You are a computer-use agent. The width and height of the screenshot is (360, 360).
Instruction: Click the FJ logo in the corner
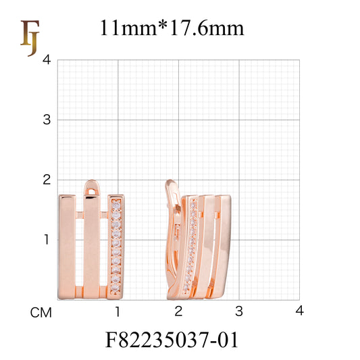tap(29, 37)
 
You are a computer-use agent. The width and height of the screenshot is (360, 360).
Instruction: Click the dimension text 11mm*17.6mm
tap(172, 28)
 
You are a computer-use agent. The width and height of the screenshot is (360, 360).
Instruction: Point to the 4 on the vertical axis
tap(47, 60)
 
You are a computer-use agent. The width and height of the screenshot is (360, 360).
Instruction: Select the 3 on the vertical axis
tap(47, 120)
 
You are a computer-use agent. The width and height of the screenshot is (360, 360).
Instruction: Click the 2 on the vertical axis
tap(47, 180)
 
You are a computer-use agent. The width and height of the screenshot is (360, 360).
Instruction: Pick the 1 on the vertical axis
tap(47, 239)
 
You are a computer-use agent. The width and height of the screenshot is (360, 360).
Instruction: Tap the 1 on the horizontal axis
tap(118, 311)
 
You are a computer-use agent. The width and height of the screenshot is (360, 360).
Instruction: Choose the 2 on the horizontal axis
tap(178, 311)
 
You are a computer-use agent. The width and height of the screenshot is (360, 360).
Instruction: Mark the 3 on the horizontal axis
tap(238, 311)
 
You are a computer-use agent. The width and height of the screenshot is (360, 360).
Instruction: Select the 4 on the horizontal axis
tap(299, 311)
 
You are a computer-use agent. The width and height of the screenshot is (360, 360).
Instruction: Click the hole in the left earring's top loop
tap(92, 190)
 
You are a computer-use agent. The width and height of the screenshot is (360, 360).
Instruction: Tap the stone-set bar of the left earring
tap(116, 247)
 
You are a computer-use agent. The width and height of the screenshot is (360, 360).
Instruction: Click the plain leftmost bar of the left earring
tap(66, 247)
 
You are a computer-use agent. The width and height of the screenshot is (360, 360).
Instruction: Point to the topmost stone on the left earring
tap(116, 202)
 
